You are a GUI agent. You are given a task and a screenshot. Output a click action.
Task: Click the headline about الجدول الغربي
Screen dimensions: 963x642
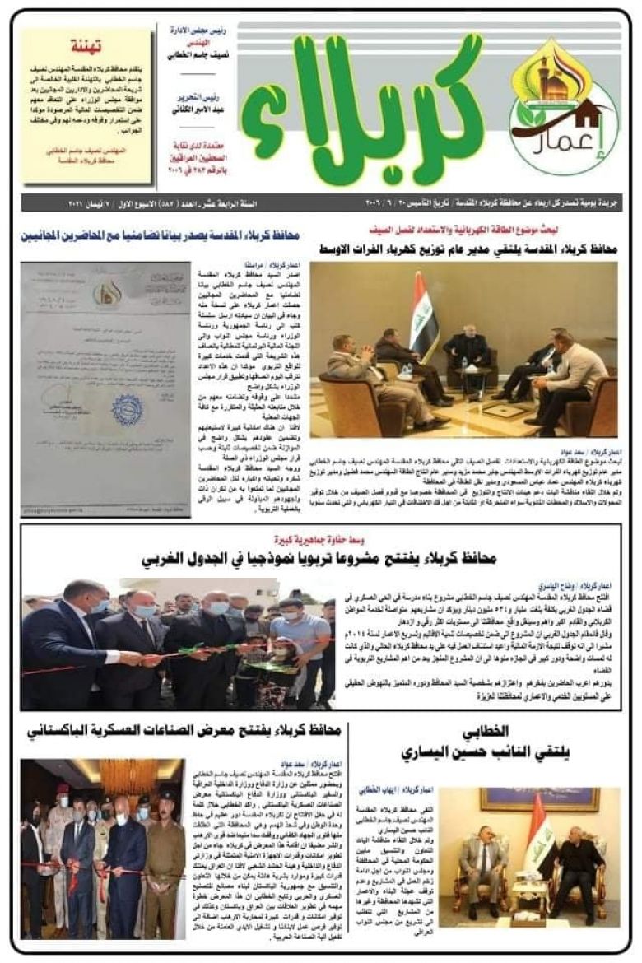317,560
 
